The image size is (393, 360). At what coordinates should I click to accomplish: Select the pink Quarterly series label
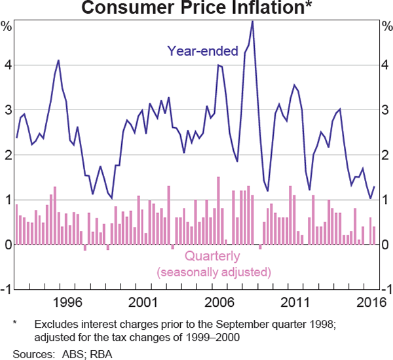(212, 256)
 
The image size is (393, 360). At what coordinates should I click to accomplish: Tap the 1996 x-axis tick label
(68, 302)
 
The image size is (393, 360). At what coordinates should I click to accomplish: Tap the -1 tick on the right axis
(386, 290)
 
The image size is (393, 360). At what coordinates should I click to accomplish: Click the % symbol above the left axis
(7, 27)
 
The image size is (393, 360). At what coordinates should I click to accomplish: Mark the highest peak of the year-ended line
(252, 22)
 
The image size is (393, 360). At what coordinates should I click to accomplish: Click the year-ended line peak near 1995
(58, 60)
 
